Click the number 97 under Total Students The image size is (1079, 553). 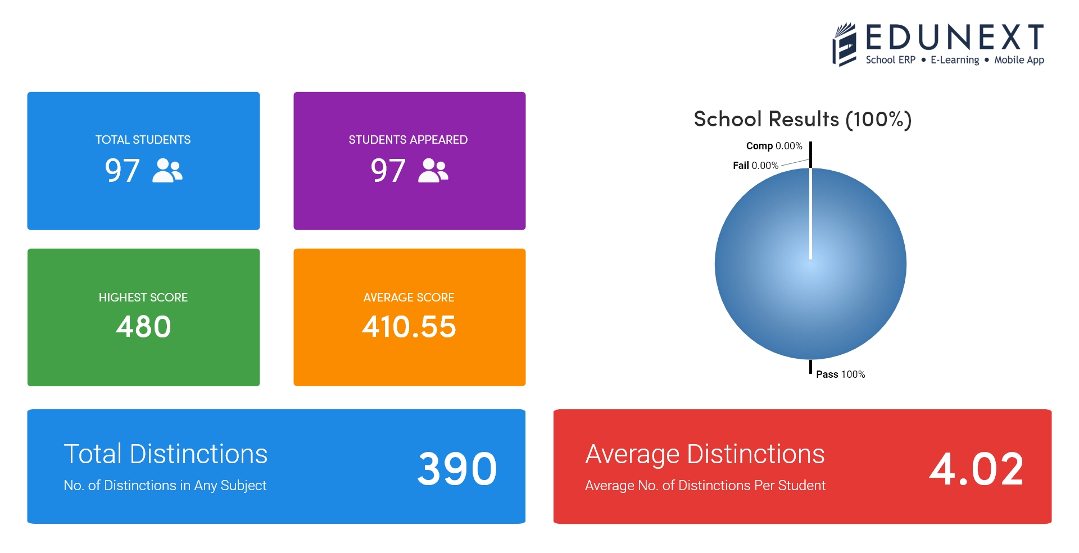[122, 171]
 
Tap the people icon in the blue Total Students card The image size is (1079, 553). [167, 171]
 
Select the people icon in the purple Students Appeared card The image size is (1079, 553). [433, 171]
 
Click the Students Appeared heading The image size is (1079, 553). [408, 140]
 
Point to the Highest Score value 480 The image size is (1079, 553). [143, 327]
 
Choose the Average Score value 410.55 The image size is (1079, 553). [409, 327]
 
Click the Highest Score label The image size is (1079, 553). [143, 298]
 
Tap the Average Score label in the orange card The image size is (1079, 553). [409, 298]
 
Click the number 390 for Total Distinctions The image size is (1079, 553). [457, 469]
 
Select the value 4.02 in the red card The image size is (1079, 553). [976, 469]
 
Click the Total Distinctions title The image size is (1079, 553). [165, 454]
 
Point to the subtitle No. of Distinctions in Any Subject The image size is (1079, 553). [165, 486]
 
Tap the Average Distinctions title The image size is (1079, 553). [705, 454]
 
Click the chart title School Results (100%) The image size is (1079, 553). [803, 120]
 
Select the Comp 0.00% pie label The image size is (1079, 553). [774, 146]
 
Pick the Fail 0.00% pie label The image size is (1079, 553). [755, 166]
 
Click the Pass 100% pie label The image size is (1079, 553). [840, 374]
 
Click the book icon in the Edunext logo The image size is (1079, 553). [844, 45]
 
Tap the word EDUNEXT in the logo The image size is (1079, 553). [954, 38]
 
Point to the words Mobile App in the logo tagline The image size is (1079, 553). [1019, 60]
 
